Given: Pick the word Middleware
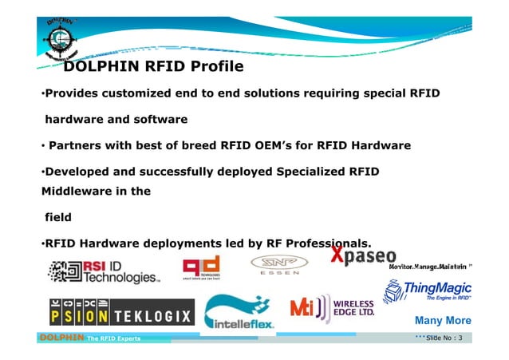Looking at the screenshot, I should click(76, 191).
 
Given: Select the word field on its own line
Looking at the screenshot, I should click(58, 216).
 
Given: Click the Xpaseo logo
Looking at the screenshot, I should click(363, 257).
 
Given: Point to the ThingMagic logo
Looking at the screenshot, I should click(428, 292).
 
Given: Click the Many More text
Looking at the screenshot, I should click(443, 321).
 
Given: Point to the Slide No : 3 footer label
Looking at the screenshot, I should click(444, 340).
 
